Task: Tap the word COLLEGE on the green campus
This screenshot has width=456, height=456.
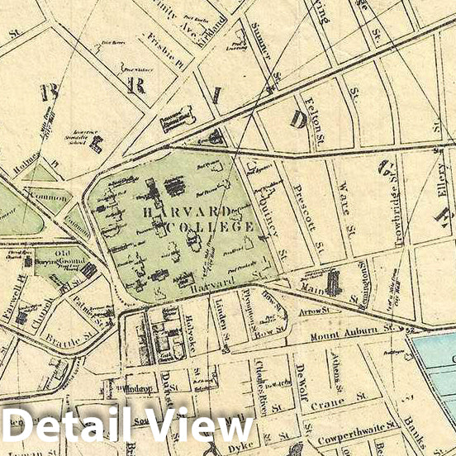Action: [210, 226]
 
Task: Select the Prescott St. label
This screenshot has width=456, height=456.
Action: [307, 217]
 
